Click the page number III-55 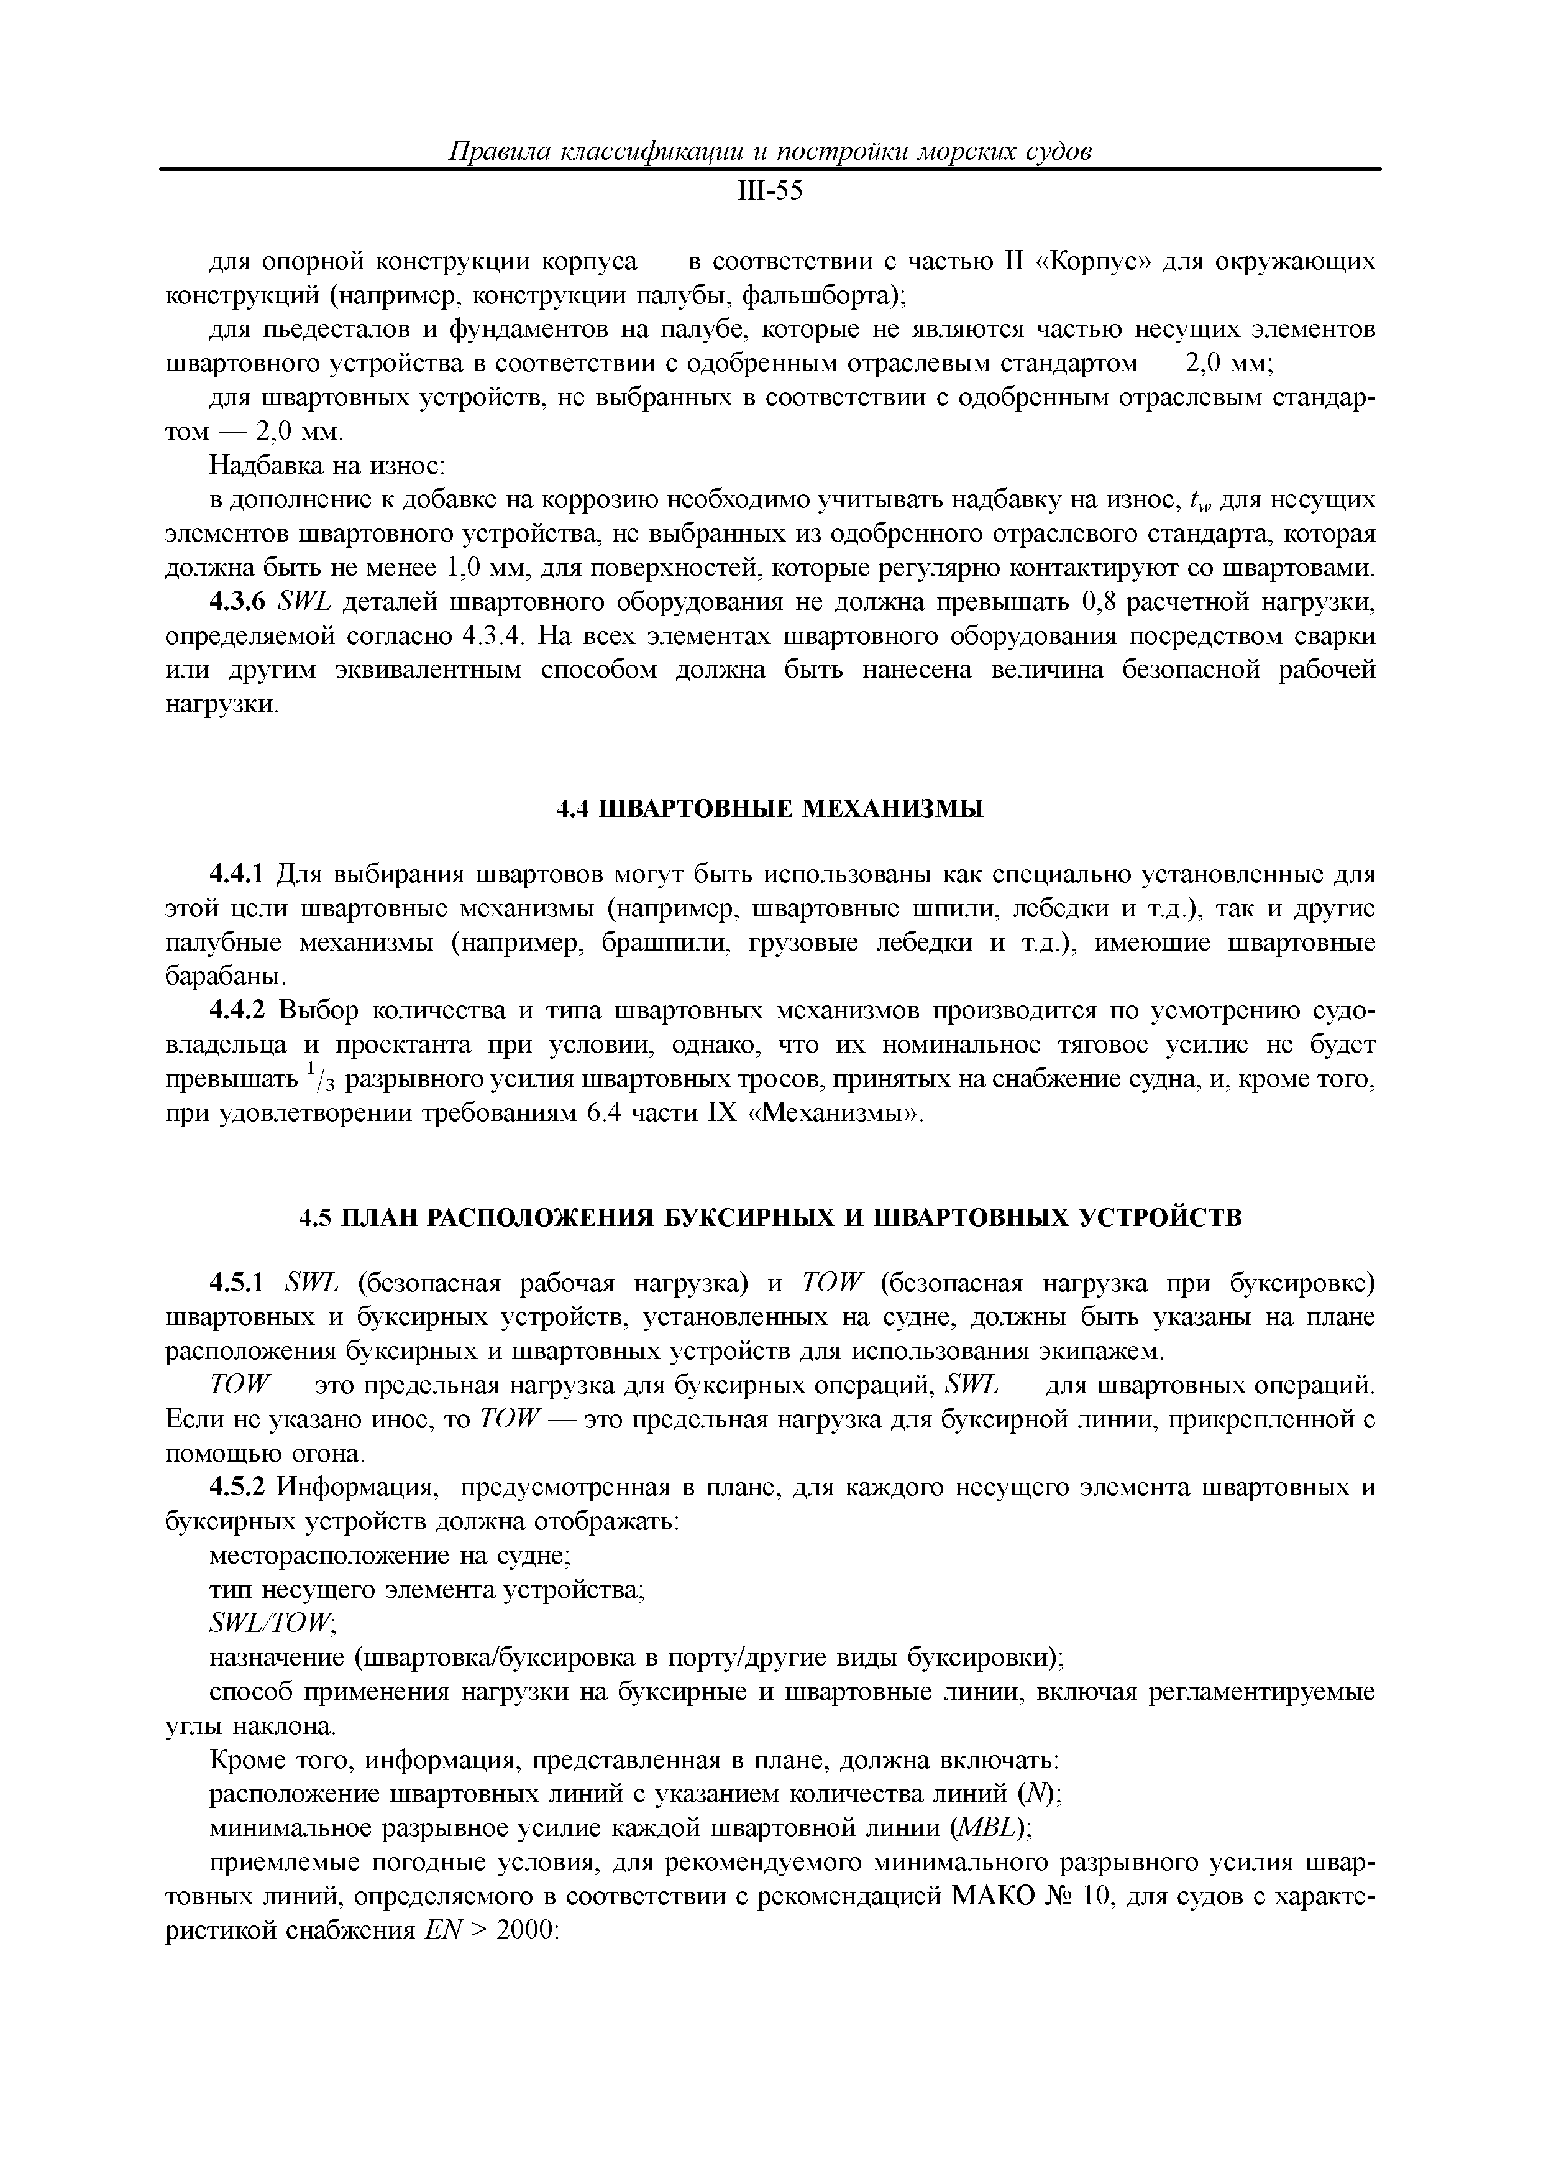pos(770,193)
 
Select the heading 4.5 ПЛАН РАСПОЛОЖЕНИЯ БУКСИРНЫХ pos(770,1219)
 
